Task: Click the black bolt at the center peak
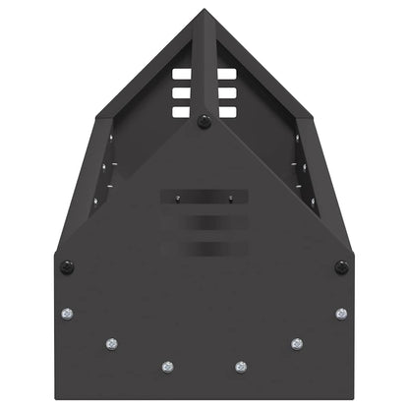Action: tap(204, 122)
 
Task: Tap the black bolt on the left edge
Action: tap(67, 267)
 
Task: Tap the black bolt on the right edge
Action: tap(341, 267)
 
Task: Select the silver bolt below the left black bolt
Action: tap(67, 315)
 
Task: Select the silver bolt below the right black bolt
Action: tap(341, 315)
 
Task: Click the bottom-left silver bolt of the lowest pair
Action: tap(165, 367)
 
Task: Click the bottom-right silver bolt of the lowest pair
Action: tap(242, 367)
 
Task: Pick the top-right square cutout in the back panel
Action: tap(226, 75)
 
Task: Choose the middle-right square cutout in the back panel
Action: tap(226, 93)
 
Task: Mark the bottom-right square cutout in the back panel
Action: tap(226, 111)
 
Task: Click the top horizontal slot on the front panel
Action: tap(204, 197)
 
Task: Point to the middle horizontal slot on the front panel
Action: tap(204, 222)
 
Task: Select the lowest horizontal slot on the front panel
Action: tap(204, 247)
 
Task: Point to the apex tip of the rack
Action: tap(204, 12)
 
